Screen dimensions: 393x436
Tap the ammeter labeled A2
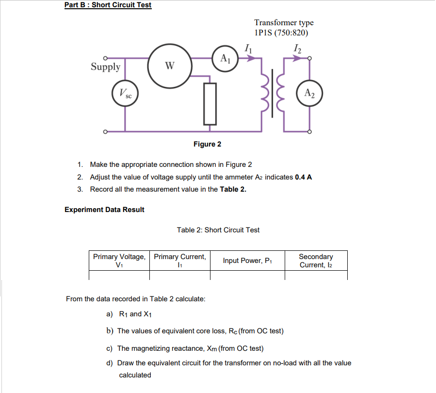[x=310, y=94]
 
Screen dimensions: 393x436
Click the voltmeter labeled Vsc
[x=125, y=94]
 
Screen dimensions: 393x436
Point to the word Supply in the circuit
[x=106, y=66]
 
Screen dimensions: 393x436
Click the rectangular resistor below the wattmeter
[x=210, y=103]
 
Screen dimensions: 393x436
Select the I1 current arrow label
[x=248, y=48]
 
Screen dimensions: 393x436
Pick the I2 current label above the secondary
[x=297, y=48]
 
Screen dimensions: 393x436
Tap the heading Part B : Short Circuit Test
[x=108, y=5]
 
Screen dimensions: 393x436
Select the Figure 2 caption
[x=207, y=144]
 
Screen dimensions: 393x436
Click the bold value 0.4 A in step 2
[x=303, y=177]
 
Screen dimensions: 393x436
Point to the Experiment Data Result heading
[x=104, y=210]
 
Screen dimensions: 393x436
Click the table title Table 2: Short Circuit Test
[x=218, y=230]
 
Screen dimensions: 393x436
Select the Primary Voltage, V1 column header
[x=119, y=261]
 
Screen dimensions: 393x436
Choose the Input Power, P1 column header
[x=247, y=261]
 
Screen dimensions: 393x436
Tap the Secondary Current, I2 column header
[x=316, y=261]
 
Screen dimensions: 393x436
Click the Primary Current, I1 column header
[x=179, y=261]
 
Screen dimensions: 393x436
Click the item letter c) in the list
[x=110, y=348]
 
